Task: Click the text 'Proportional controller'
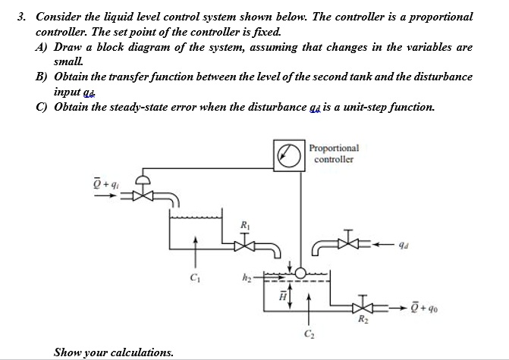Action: (335, 154)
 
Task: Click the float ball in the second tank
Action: (301, 273)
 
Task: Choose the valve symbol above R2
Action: (365, 306)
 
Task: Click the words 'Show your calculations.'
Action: (114, 352)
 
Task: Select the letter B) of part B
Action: (40, 77)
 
